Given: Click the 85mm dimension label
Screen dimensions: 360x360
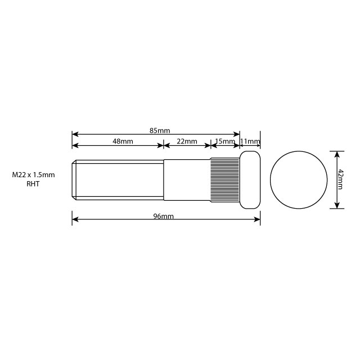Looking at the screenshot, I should pos(160,130).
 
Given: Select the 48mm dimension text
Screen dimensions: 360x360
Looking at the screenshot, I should pos(123,141).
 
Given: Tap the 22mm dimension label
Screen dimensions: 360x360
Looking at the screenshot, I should pos(187,141).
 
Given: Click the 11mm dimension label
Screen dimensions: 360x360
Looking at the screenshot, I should pos(250,141).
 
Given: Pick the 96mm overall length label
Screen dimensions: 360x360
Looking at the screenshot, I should pos(163,217).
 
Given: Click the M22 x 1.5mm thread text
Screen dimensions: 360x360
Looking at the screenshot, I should pos(33,175).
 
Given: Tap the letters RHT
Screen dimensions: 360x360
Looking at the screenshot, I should pos(33,184).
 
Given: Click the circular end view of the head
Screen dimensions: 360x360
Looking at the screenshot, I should pos(299,179).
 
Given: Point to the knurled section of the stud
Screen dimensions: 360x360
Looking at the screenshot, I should pos(225,179).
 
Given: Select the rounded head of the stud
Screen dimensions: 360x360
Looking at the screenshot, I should pos(250,179).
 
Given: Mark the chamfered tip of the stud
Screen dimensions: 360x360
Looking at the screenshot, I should pos(74,179).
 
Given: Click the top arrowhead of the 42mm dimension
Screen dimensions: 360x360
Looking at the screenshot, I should pos(336,153).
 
